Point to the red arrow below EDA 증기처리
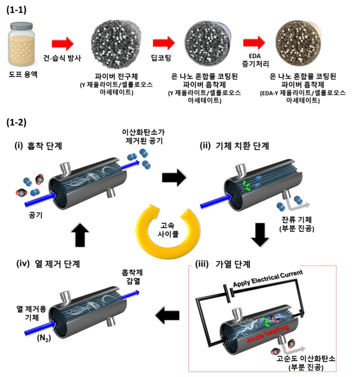(255, 43)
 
